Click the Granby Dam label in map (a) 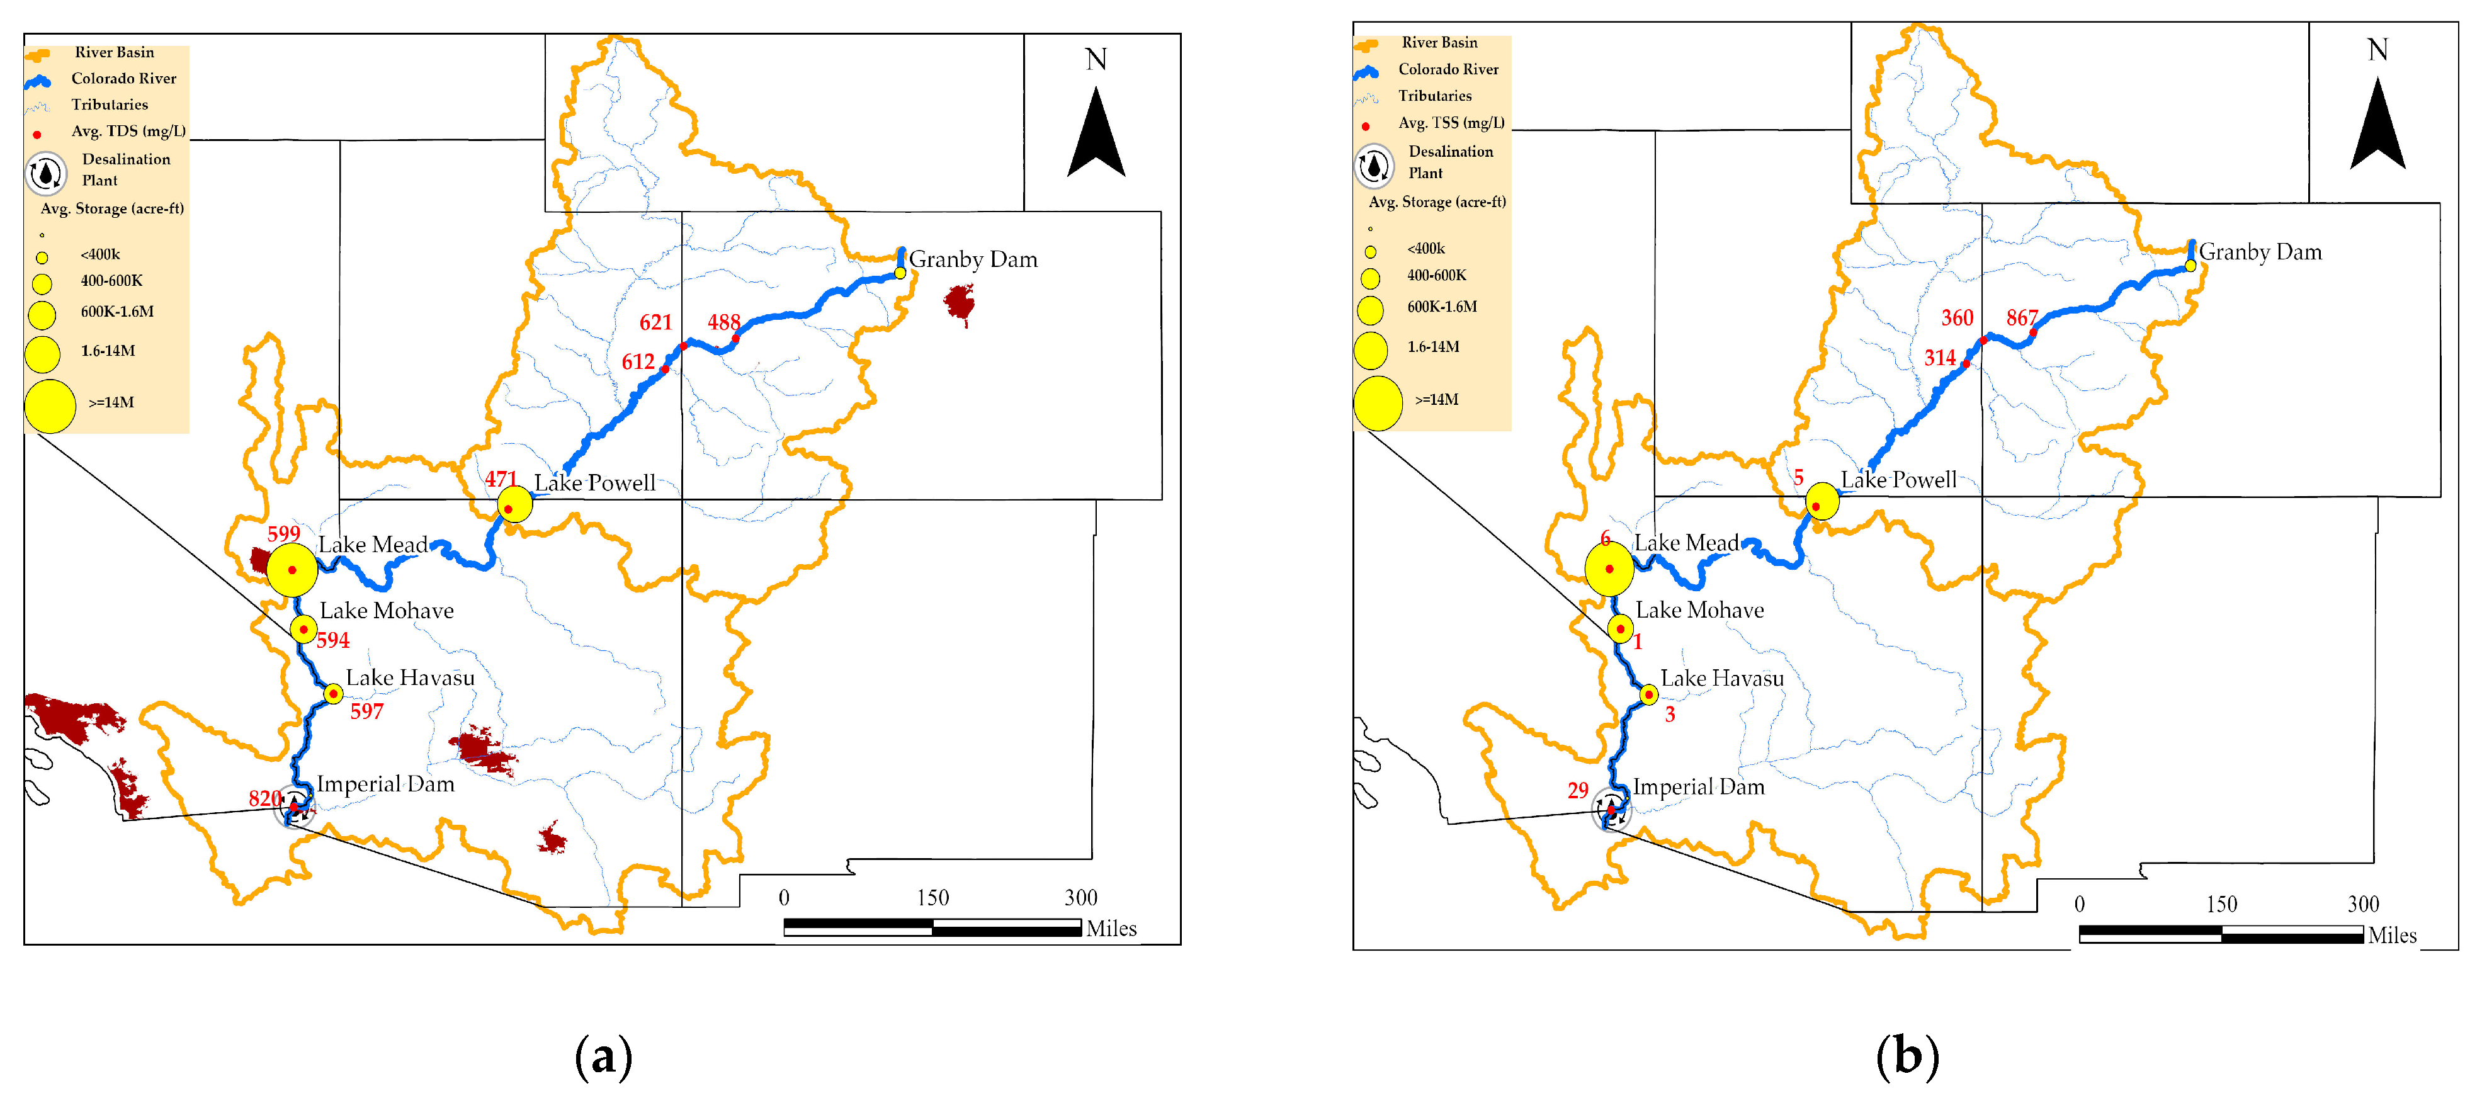point(973,259)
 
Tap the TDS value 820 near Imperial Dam point(265,798)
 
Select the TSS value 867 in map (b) point(2022,318)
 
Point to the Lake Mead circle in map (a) point(292,570)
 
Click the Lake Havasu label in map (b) point(1722,679)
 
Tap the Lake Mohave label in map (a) point(387,611)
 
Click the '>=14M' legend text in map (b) point(1436,400)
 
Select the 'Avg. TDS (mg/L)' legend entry point(128,131)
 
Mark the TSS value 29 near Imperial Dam point(1577,791)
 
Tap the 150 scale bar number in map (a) point(932,898)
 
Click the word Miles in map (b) point(2393,935)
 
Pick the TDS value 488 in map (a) point(723,322)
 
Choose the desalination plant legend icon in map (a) point(45,173)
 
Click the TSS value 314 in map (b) point(1939,358)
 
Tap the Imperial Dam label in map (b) point(1699,787)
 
